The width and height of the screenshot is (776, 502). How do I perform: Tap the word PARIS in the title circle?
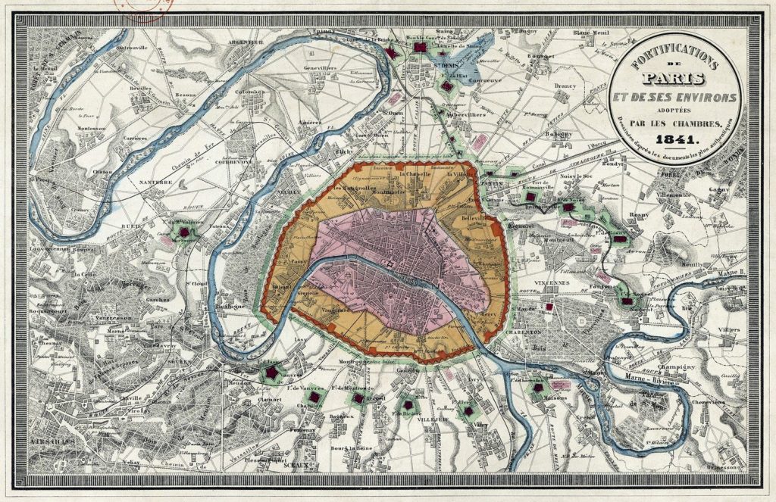[x=674, y=79]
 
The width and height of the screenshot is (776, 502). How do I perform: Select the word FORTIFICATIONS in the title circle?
[x=674, y=57]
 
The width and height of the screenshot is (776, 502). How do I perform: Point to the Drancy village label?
[x=587, y=86]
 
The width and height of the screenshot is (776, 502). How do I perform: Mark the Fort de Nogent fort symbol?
[x=627, y=301]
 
